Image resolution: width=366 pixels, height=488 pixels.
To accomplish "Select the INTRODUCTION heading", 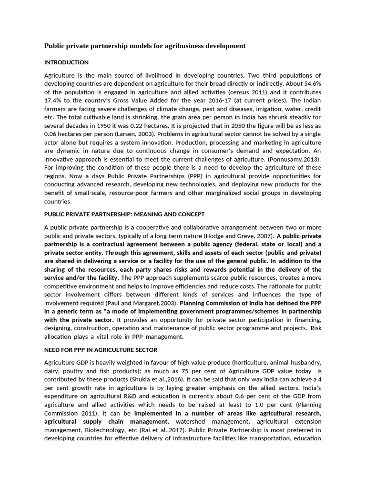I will [66, 62].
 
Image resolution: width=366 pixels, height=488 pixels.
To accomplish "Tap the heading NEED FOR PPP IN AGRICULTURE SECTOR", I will [101, 350].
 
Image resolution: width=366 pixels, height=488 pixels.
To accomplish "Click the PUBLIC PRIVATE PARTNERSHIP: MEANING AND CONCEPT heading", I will [124, 214].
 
